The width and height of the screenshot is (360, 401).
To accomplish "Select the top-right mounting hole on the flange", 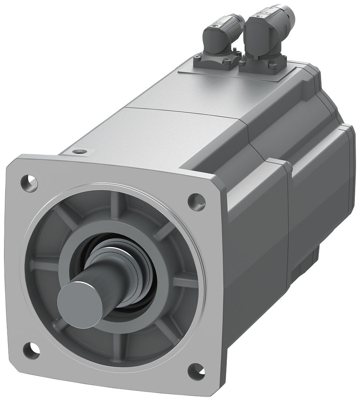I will coord(196,199).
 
